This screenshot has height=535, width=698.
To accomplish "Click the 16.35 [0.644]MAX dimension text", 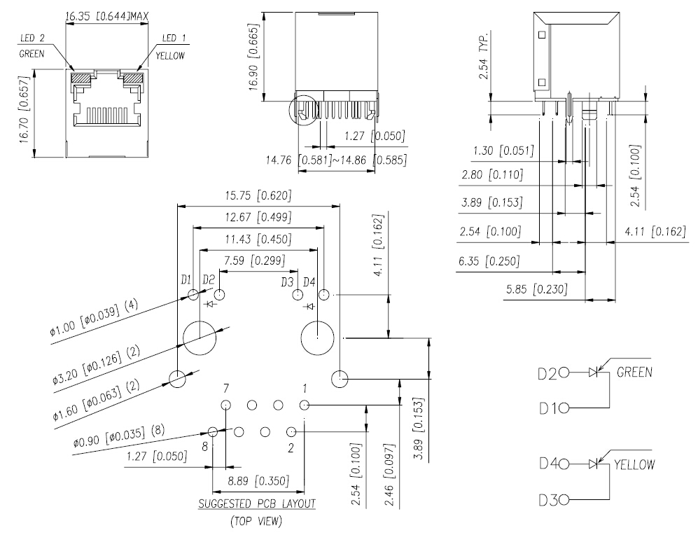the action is click(107, 17).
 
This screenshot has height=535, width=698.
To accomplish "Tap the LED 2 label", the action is click(32, 39).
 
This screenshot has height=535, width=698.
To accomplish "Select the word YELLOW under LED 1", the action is click(170, 55).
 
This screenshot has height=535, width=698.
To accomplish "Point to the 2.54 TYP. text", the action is click(484, 55).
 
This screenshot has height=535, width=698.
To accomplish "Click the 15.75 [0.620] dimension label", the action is click(258, 196).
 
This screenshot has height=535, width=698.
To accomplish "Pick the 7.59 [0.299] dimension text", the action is click(254, 260).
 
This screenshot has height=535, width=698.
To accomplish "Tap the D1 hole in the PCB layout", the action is click(194, 294).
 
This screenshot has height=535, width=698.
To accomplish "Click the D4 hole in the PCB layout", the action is click(325, 294).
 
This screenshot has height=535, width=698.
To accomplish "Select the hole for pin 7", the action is click(226, 405).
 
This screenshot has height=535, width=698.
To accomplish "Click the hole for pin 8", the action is click(214, 432).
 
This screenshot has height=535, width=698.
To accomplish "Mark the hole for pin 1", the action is click(305, 405).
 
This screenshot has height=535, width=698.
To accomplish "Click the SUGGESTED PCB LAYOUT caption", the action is click(257, 504).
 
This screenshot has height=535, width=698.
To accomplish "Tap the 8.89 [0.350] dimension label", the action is click(258, 481).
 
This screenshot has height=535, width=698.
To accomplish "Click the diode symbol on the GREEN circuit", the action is click(593, 372).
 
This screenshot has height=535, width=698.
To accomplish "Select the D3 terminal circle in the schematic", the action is click(564, 501).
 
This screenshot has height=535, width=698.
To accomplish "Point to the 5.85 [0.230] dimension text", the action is click(537, 290).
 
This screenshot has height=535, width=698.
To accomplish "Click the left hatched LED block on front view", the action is click(81, 78).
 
